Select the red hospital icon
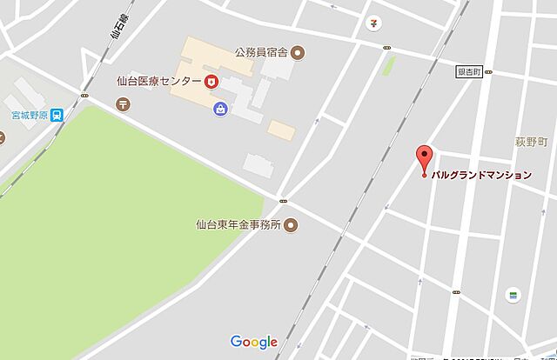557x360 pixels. (211, 83)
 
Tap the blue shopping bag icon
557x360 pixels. (220, 108)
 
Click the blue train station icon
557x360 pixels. (57, 114)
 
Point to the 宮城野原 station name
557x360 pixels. (26, 114)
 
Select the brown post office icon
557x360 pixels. (122, 103)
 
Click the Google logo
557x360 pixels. (254, 342)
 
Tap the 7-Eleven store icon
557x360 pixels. (373, 21)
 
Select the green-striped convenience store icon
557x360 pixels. (514, 296)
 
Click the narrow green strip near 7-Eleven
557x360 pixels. (389, 65)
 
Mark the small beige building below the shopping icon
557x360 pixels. (281, 130)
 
